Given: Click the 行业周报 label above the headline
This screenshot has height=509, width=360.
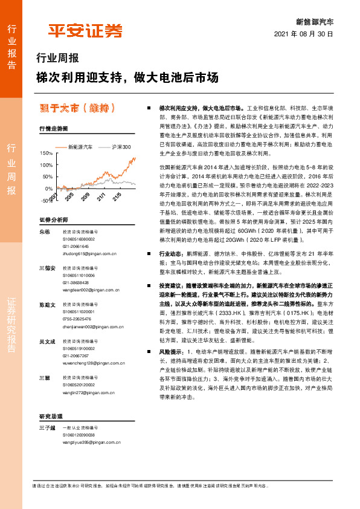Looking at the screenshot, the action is [58, 59].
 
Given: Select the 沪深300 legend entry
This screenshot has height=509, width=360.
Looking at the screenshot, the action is [120, 147].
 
